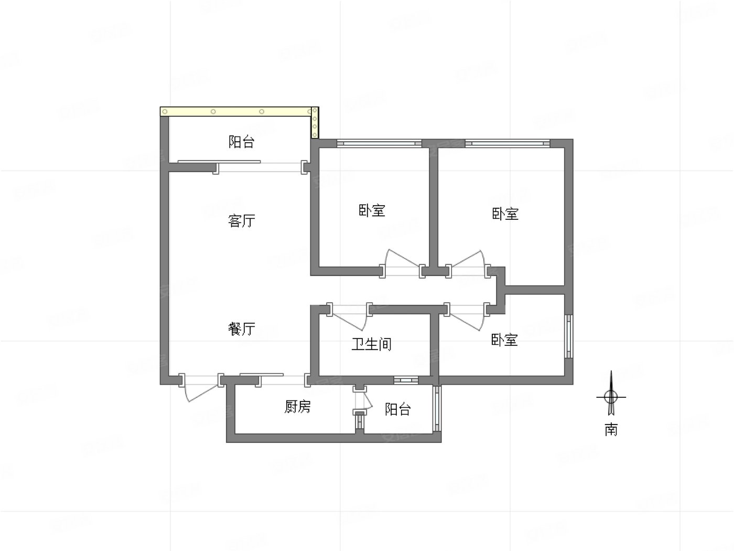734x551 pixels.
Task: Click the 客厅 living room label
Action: (242, 220)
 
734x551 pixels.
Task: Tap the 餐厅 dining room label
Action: (242, 329)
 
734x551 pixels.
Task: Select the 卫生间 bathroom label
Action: (371, 344)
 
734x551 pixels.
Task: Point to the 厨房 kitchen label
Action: (297, 407)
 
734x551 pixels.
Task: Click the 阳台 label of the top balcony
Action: (242, 142)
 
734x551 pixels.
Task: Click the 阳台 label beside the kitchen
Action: (397, 409)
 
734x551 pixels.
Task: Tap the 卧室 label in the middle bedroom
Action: (372, 211)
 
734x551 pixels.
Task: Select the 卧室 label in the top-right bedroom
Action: (505, 214)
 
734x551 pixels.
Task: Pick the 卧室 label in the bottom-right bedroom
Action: (504, 340)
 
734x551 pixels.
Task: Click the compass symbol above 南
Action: (611, 397)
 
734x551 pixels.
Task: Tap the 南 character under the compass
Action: (611, 430)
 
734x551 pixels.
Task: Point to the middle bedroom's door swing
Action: (401, 261)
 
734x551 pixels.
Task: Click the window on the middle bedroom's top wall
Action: (379, 143)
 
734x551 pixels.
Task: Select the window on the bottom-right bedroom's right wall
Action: (569, 336)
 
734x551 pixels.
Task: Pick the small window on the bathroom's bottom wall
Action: (406, 379)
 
